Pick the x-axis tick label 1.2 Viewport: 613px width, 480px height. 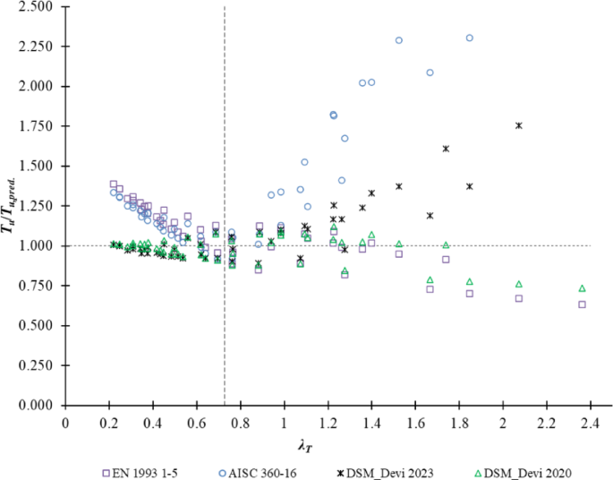pyautogui.click(x=328, y=421)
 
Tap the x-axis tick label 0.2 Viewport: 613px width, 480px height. pyautogui.click(x=109, y=421)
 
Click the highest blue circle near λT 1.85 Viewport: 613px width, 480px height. pyautogui.click(x=470, y=38)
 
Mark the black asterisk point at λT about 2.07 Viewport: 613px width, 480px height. pyautogui.click(x=518, y=125)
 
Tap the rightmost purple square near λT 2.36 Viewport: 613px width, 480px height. pyautogui.click(x=582, y=304)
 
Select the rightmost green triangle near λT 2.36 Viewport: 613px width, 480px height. pyautogui.click(x=582, y=288)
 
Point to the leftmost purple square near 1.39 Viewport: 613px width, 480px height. pyautogui.click(x=114, y=184)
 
